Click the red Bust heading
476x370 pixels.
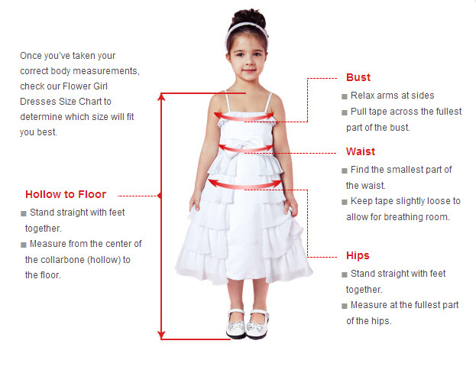point(358,77)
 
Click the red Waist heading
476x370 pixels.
point(361,151)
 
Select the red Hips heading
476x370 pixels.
point(358,255)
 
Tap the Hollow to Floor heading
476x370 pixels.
point(66,194)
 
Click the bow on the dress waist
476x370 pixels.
point(238,148)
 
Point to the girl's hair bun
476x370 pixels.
point(248,18)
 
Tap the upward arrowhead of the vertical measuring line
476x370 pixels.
point(161,97)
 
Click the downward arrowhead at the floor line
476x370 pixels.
point(161,335)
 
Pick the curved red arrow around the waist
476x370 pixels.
point(245,150)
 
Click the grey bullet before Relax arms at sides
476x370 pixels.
point(345,96)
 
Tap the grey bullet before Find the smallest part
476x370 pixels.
point(345,170)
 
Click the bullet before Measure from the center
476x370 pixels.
point(24,245)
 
